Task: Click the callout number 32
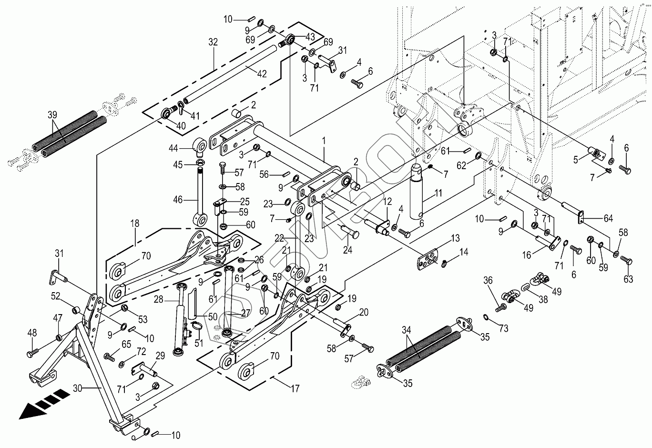point(213,42)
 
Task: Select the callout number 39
point(52,114)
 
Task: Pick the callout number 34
point(407,329)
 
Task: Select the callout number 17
point(295,389)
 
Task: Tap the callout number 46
point(178,200)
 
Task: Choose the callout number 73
point(504,328)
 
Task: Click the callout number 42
point(262,74)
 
